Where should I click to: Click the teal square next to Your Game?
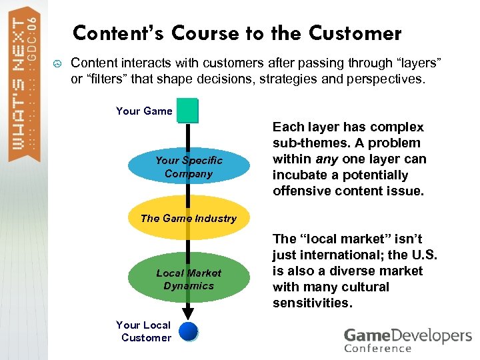(187, 111)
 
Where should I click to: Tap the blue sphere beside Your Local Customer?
(189, 331)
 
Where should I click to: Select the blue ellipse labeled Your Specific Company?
(189, 167)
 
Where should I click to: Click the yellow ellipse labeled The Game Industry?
(189, 218)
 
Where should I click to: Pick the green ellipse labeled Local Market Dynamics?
(189, 279)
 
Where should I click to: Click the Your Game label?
(144, 111)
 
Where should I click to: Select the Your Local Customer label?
(144, 331)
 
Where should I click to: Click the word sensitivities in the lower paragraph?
(311, 303)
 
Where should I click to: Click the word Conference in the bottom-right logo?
(378, 348)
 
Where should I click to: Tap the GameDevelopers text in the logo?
(407, 335)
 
